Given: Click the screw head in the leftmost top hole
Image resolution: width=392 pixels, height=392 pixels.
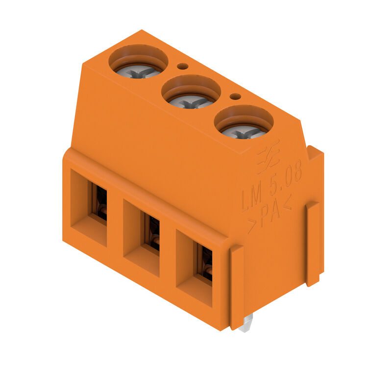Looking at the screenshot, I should pos(139,72).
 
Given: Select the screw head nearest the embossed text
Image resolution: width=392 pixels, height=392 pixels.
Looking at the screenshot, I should pos(244,132).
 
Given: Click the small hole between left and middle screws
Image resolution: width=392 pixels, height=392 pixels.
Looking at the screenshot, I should pos(182,66).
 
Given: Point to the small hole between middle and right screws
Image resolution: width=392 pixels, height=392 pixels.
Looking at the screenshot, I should pos(235,97).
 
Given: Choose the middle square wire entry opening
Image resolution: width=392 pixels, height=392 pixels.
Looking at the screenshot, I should pos(142,237).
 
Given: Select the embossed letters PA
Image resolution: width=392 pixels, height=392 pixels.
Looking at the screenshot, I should pos(270,213).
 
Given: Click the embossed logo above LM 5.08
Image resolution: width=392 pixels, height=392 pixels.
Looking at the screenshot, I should pos(269,156).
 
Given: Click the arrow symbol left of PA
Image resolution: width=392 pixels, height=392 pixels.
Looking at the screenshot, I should pos(251,226).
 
